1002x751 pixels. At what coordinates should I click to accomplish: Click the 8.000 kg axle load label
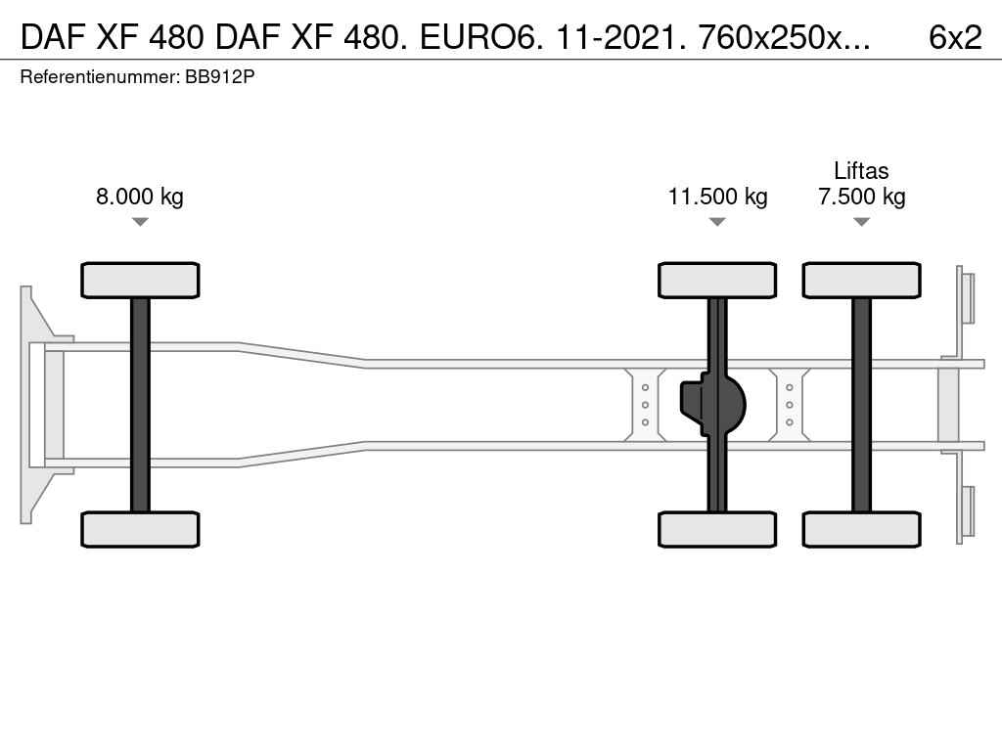139,196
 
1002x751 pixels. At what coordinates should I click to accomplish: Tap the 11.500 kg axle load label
717,196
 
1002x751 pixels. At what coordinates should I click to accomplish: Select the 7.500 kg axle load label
861,196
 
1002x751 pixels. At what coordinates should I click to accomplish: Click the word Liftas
861,170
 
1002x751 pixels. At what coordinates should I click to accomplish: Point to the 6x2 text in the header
955,38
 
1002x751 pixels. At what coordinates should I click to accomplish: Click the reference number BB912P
220,76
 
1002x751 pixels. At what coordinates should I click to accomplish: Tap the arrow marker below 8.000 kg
140,222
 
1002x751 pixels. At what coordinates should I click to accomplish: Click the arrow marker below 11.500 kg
717,222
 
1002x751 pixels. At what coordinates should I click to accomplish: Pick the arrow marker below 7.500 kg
861,222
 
